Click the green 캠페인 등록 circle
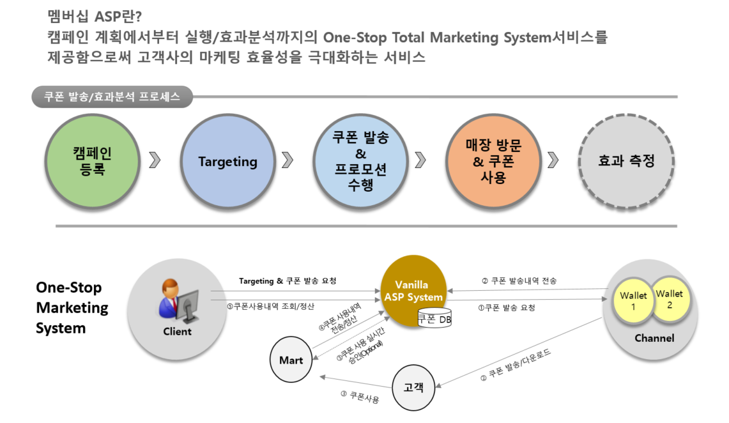click(x=93, y=161)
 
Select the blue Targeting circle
click(x=227, y=161)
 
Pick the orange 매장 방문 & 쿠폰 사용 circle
click(x=493, y=161)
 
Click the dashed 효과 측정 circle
click(x=626, y=161)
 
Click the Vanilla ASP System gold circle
click(x=413, y=291)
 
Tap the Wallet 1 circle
click(x=633, y=302)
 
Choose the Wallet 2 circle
click(x=669, y=299)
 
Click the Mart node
click(x=291, y=360)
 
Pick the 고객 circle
click(x=413, y=387)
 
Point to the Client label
click(x=177, y=332)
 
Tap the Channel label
click(x=654, y=338)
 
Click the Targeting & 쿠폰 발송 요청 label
click(x=287, y=281)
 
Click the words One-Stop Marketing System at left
click(x=72, y=307)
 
